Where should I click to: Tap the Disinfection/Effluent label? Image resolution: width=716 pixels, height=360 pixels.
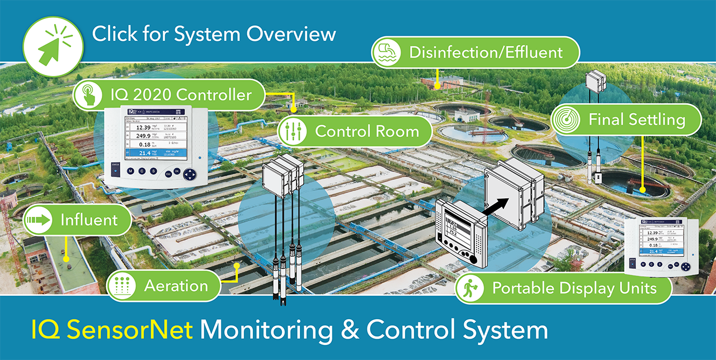(485, 53)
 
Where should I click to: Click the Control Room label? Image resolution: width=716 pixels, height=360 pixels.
(366, 131)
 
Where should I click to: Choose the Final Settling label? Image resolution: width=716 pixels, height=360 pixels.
(636, 120)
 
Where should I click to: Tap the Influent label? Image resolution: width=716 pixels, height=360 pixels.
(89, 220)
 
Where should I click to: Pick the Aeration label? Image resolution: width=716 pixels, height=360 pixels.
(175, 286)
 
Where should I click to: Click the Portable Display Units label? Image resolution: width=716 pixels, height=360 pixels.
(573, 289)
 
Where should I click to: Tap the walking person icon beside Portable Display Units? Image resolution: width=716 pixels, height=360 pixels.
(469, 289)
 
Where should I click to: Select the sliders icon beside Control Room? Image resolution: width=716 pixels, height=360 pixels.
(291, 131)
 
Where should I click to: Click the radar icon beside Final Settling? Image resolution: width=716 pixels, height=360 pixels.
(564, 120)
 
